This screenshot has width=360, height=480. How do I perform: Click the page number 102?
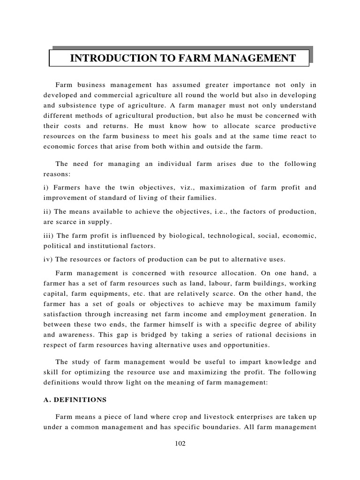coord(180,444)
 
